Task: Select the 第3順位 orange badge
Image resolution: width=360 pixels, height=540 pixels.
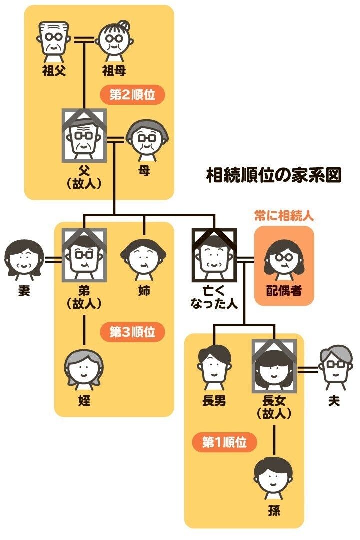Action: [132, 332]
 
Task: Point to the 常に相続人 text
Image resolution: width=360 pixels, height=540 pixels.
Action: [284, 217]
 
